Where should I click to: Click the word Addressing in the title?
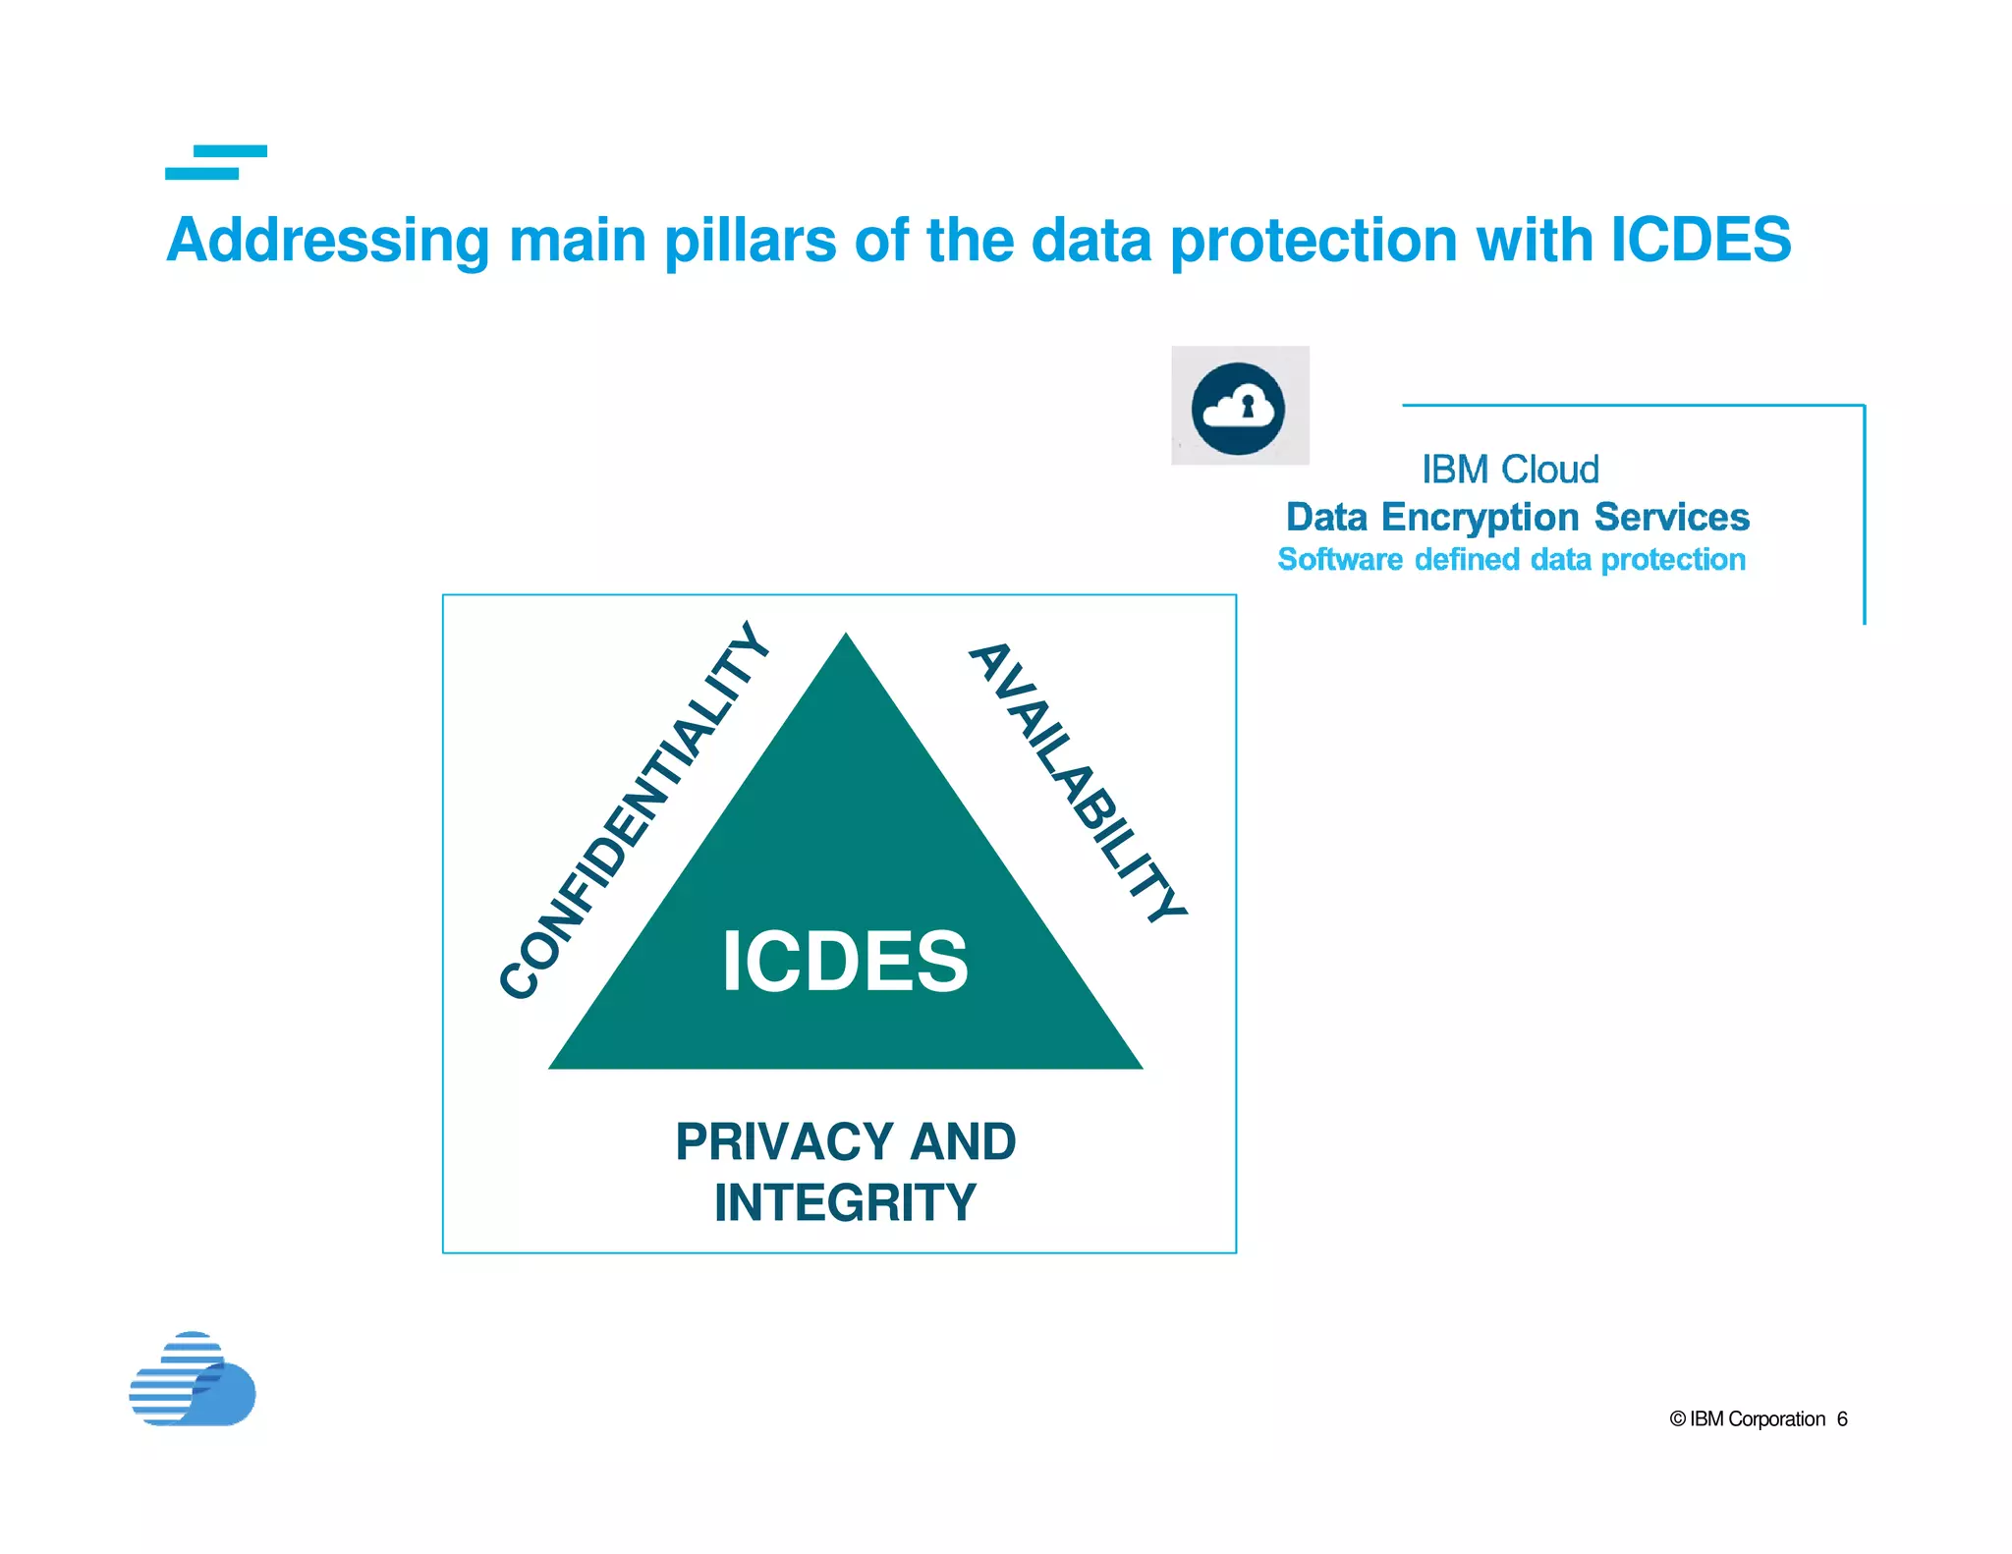coord(327,242)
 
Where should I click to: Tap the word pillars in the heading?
coord(749,242)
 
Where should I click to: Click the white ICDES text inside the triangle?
coord(845,962)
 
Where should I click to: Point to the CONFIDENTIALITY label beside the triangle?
coord(634,811)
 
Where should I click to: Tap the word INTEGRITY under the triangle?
coord(845,1203)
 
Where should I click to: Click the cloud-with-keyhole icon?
coord(1239,407)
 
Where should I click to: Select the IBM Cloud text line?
coord(1510,470)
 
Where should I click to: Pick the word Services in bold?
coord(1671,517)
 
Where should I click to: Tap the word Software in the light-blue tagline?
coord(1340,560)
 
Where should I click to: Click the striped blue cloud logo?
coord(193,1380)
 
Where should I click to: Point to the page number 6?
coord(1842,1419)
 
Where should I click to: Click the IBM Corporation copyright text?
coord(1748,1419)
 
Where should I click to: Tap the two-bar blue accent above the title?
coord(216,162)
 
